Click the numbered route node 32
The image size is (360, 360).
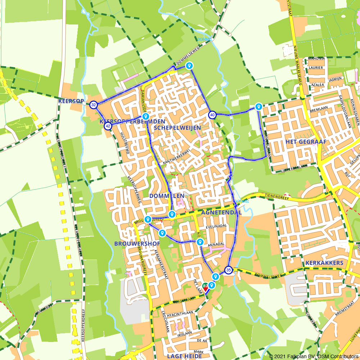tap(94, 105)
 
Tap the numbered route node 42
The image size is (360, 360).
tap(108, 126)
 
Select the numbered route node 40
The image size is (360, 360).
tap(212, 115)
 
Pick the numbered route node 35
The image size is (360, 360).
tap(228, 270)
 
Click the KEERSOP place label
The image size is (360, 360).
tap(71, 101)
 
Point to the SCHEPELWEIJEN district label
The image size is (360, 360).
tap(177, 128)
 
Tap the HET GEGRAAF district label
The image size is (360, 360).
tap(306, 142)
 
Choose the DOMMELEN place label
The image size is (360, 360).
tap(167, 196)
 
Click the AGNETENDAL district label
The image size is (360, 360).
tap(221, 213)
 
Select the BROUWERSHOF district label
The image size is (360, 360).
tap(137, 244)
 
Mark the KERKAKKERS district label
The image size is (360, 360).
tap(324, 263)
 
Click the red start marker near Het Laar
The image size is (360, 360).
tap(206, 287)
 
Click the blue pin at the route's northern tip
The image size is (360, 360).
tap(189, 66)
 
